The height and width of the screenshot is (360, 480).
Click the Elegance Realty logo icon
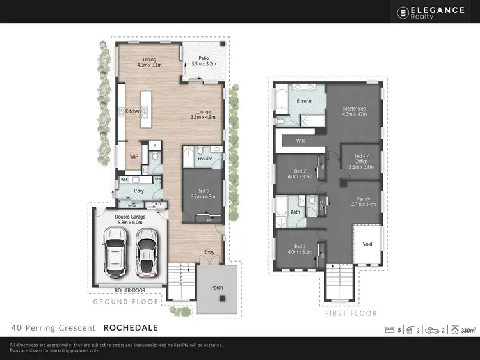pyautogui.click(x=403, y=12)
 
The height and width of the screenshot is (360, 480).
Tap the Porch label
pyautogui.click(x=218, y=288)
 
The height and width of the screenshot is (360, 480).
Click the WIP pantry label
pyautogui.click(x=134, y=156)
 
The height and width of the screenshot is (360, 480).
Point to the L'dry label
pyautogui.click(x=139, y=191)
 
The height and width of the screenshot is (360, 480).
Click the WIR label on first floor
pyautogui.click(x=300, y=140)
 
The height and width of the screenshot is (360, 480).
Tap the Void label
pyautogui.click(x=367, y=244)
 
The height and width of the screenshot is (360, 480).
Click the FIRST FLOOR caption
pyautogui.click(x=351, y=313)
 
